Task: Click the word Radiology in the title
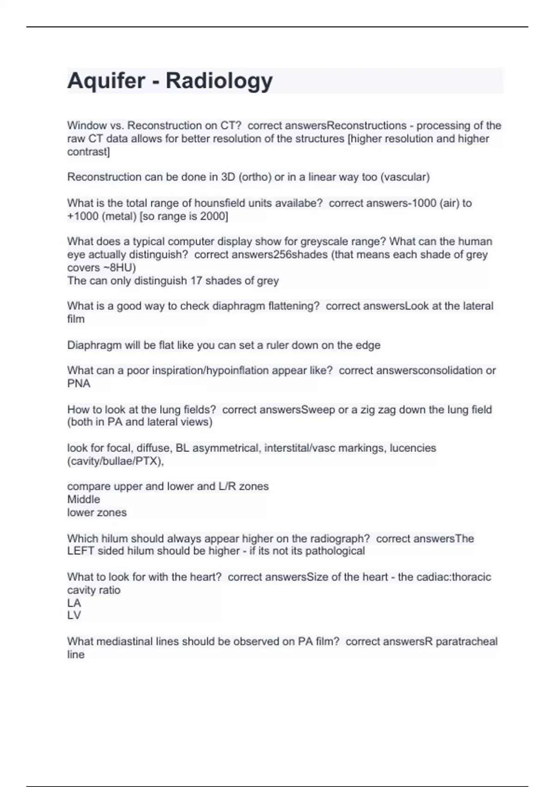pos(219,81)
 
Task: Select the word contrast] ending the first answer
pos(88,152)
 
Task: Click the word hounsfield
pos(222,203)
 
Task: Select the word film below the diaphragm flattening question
pos(76,319)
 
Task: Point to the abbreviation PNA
pos(79,383)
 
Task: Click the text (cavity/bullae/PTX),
pos(116,461)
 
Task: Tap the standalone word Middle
pos(83,499)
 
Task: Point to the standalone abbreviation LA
pos(74,603)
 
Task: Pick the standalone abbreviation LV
pos(74,615)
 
